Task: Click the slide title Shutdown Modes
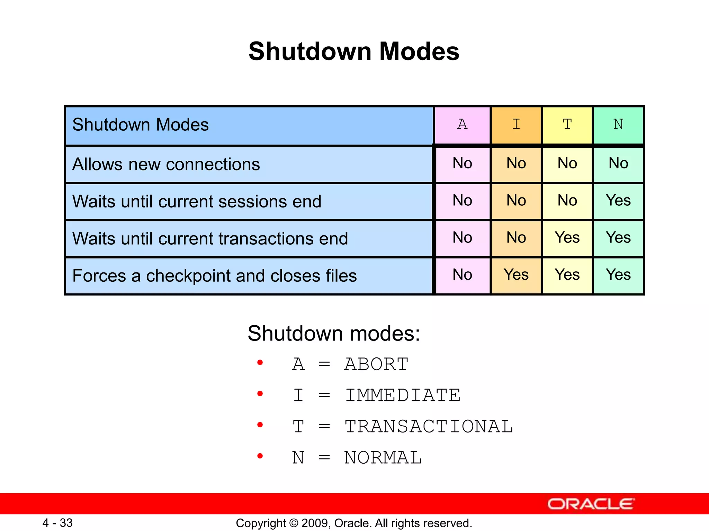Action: (354, 52)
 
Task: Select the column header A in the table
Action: (463, 124)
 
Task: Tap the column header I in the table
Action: (516, 124)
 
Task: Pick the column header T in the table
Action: (567, 124)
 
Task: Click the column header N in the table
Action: (618, 124)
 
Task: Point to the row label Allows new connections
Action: (166, 164)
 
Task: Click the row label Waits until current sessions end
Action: (197, 202)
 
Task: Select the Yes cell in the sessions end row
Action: (618, 201)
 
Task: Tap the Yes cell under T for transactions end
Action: (567, 238)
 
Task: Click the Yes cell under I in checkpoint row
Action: (516, 275)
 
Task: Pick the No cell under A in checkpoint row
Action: (463, 275)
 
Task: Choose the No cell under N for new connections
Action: (618, 163)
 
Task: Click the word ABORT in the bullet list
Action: (376, 364)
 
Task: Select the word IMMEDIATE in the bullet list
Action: (403, 395)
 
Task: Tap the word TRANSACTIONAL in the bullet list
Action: (429, 427)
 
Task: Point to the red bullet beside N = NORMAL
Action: (260, 456)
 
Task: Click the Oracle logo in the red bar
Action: (591, 504)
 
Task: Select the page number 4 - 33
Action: (57, 523)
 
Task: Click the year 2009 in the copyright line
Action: (313, 523)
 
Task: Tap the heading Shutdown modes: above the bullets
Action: (334, 334)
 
